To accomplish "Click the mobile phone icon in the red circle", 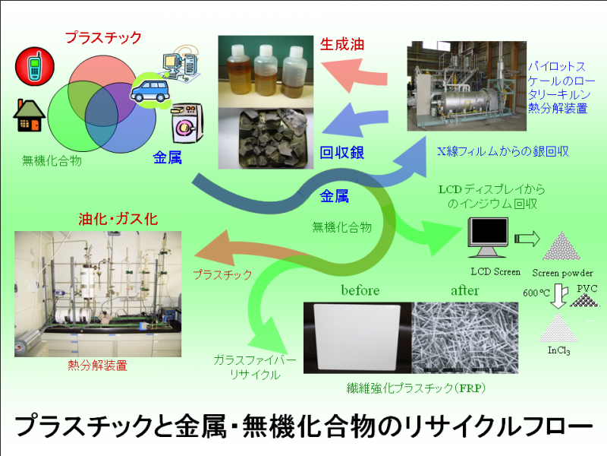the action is click(34, 67).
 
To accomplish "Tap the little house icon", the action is click(29, 116).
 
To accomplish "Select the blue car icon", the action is click(150, 91).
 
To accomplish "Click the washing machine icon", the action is click(187, 123).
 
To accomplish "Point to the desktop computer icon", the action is click(181, 64).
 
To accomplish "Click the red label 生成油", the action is click(342, 45).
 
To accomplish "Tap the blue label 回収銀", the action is click(342, 153).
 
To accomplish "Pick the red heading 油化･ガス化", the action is click(118, 219).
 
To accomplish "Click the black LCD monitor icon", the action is click(488, 237).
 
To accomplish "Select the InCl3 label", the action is click(559, 350).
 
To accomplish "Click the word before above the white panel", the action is click(360, 290).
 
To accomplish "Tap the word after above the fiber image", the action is click(464, 290).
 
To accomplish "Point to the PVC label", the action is click(587, 289).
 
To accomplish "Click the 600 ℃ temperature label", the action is click(536, 293).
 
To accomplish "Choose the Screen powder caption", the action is click(562, 273).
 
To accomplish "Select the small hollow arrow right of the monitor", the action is click(527, 239).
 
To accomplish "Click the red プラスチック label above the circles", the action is click(103, 37).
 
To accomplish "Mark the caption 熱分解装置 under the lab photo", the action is click(98, 366).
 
